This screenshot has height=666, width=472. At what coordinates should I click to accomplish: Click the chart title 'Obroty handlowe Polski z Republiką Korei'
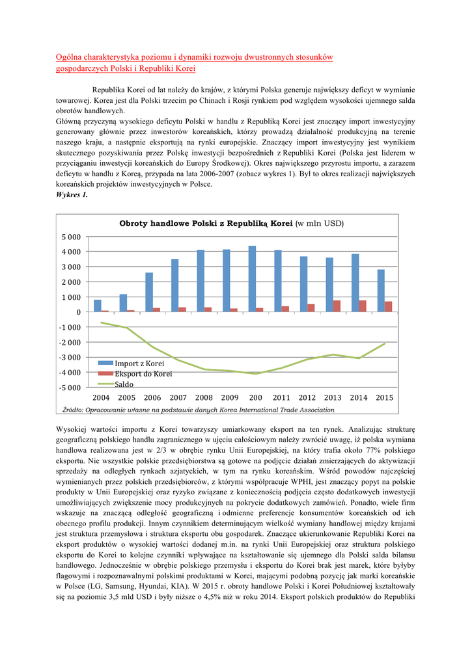coord(206,223)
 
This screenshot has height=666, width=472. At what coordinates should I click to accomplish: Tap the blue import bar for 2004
coord(98,306)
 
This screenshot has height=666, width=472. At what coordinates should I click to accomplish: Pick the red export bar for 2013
coord(337,306)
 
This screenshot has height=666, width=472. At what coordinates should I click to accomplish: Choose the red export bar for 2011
coord(285,309)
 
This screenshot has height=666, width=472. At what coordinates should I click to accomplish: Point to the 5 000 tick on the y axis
coord(72,237)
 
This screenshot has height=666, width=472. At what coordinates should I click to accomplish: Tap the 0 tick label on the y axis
coord(78,312)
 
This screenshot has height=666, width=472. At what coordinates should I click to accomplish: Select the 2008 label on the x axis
coord(204,397)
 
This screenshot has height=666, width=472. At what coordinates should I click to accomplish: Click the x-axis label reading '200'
coord(255,397)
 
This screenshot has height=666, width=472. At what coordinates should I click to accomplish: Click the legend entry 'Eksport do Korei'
coord(143,374)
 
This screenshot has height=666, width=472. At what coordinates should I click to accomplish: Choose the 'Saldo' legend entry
coord(124,384)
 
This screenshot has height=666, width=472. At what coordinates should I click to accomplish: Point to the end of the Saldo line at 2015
coord(385,343)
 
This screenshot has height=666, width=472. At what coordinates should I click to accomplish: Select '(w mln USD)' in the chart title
coord(320,223)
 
